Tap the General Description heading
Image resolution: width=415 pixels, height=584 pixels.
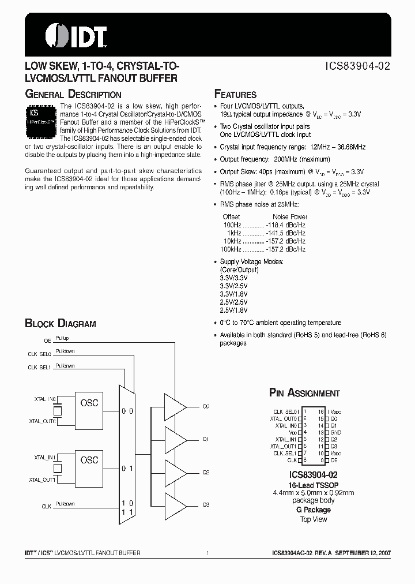pos(73,94)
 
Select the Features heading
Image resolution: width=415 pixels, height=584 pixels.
pos(235,95)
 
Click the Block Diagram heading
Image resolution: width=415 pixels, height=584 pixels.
pos(61,324)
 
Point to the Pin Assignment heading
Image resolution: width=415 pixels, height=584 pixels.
pos(304,393)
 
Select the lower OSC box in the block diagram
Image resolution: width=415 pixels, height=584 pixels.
pos(89,460)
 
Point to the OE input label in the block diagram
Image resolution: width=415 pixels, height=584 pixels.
pos(47,341)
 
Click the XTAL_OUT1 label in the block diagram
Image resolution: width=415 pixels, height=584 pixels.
pos(42,480)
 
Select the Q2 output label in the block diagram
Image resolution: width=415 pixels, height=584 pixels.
pos(205,472)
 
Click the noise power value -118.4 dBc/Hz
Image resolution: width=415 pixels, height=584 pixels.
pos(285,225)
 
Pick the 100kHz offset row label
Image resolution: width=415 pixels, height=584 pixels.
pos(230,249)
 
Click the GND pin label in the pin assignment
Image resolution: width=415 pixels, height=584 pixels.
pos(336,432)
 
